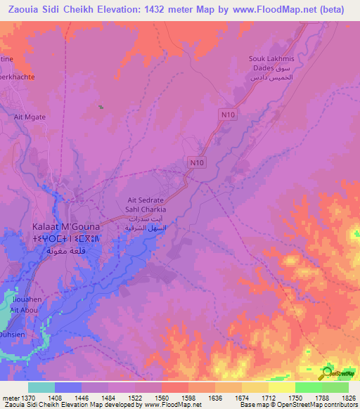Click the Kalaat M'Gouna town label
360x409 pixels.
pyautogui.click(x=66, y=227)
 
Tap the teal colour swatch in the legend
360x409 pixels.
pyautogui.click(x=41, y=387)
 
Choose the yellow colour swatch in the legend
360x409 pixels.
pyautogui.click(x=282, y=387)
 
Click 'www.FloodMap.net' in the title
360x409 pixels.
pyautogui.click(x=269, y=9)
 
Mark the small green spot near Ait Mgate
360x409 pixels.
pyautogui.click(x=101, y=107)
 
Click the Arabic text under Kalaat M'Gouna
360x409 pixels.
pyautogui.click(x=66, y=251)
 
